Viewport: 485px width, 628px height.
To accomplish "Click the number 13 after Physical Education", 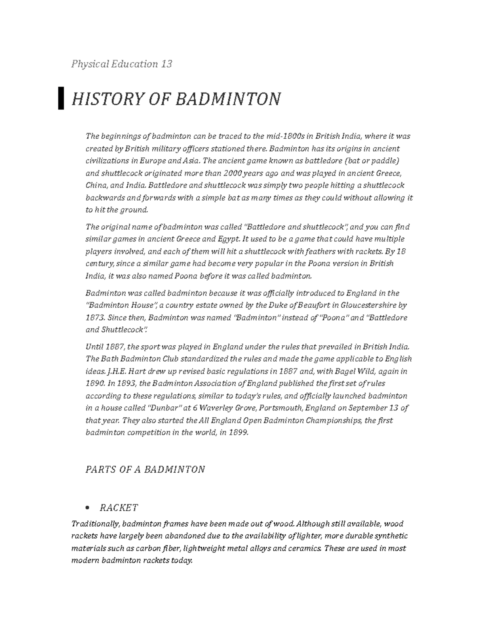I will (166, 64).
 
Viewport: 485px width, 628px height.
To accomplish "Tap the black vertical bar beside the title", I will (61, 98).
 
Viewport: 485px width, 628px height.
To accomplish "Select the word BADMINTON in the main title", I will (228, 99).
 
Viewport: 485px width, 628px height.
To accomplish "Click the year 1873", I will (94, 317).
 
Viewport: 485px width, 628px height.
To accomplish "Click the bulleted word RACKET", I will (119, 507).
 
